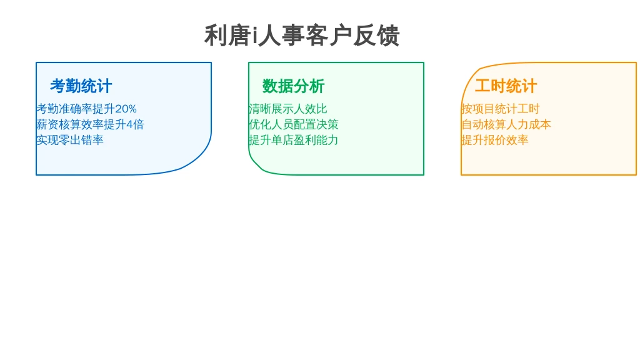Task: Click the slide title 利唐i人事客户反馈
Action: [x=302, y=36]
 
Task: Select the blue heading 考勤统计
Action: [x=81, y=86]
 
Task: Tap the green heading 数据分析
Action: [x=294, y=86]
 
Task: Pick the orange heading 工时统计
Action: [x=506, y=86]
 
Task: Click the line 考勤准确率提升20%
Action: [x=86, y=109]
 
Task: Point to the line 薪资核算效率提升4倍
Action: [x=90, y=124]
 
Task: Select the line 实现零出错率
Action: [x=70, y=140]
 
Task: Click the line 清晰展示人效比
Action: [x=288, y=109]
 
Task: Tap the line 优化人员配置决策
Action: [x=294, y=124]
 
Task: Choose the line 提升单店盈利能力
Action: [x=294, y=140]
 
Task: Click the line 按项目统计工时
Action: [x=501, y=109]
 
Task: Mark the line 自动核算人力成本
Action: [x=506, y=124]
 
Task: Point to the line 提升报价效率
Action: [x=495, y=140]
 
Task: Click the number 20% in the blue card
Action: [x=126, y=109]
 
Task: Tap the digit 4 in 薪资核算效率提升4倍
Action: [x=129, y=124]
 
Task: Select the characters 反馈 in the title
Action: [x=376, y=36]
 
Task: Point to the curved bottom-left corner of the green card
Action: [x=257, y=165]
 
